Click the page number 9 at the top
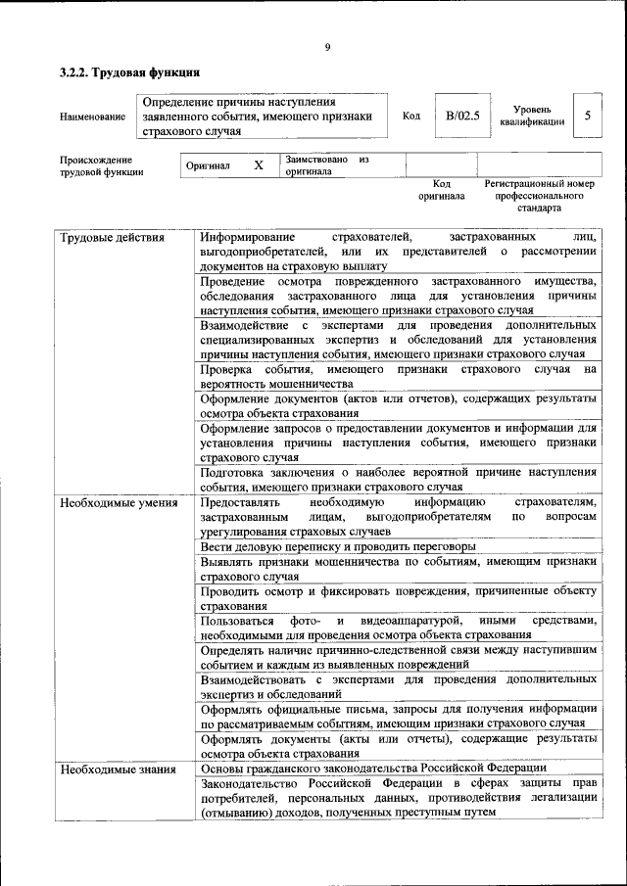(x=327, y=46)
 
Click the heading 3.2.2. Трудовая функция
(x=129, y=72)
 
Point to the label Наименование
(x=92, y=117)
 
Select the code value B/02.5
(x=462, y=116)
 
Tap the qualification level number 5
(x=587, y=116)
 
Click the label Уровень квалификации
(x=532, y=117)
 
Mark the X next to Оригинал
(x=259, y=165)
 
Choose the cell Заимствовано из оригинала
(x=326, y=164)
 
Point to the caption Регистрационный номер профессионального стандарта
(x=539, y=196)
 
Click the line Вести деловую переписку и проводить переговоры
(x=338, y=545)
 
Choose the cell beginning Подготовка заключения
(x=398, y=479)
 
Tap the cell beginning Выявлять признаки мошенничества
(x=398, y=570)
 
